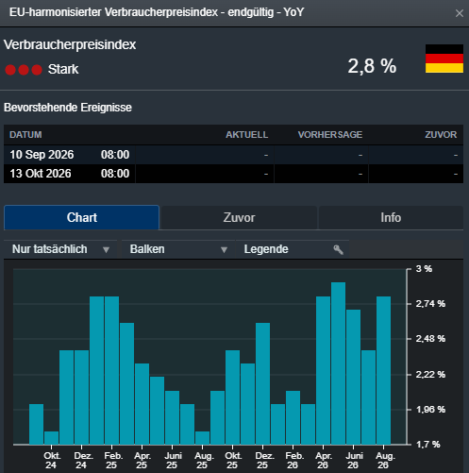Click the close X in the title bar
point(460,13)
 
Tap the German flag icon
point(444,59)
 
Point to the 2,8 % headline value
point(372,66)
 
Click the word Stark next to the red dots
point(63,69)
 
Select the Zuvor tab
point(239,217)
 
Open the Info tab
point(391,217)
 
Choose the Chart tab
point(82,217)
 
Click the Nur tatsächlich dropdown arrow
point(106,250)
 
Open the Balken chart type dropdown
point(178,249)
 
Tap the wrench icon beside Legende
point(338,249)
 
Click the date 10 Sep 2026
point(42,155)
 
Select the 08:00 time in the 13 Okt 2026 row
point(115,174)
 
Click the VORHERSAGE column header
point(330,135)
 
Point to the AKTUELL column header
point(247,135)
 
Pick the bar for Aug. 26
point(383,370)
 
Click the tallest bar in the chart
point(338,363)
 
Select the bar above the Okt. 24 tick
point(51,438)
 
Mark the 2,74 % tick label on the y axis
point(430,304)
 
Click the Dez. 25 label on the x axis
point(263,460)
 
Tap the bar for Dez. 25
point(262,383)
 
